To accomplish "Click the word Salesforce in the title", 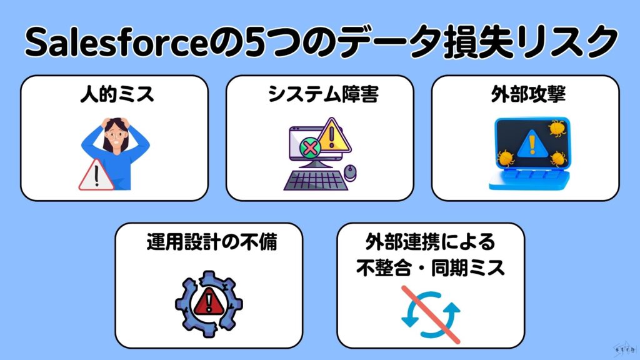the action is pos(116,42).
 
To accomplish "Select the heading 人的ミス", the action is pos(117,94).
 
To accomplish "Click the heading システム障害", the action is pos(323,94).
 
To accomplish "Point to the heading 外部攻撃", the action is pos(528,94).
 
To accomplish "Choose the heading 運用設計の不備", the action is pos(212,242).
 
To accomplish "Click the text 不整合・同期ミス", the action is pos(431,267).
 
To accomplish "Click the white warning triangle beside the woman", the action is pos(96,176).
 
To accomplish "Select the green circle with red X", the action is pos(310,147).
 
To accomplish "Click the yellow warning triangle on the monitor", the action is pos(333,135).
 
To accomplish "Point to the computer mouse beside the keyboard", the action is pos(350,172).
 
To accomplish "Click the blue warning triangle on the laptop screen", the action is pos(532,144).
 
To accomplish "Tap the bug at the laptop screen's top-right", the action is pos(556,128).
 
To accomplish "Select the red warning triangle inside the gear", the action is pos(209,302).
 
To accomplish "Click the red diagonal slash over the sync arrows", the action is pos(431,315).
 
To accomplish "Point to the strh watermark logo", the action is pos(625,349).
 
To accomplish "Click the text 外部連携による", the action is pos(430,242).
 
